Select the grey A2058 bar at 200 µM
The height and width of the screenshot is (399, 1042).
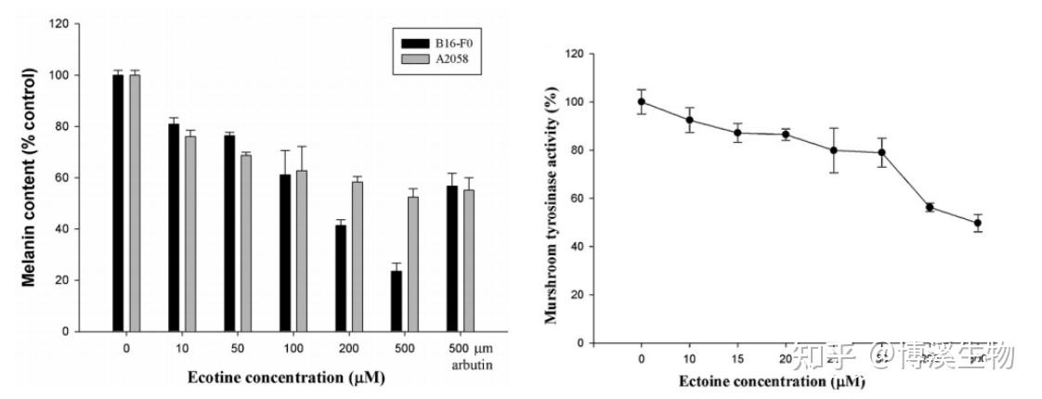pyautogui.click(x=358, y=255)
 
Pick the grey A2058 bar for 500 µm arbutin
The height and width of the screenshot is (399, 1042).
pyautogui.click(x=468, y=260)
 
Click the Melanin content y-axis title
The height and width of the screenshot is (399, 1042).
pyautogui.click(x=29, y=175)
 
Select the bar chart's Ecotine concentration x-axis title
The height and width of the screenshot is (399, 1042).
pyautogui.click(x=286, y=378)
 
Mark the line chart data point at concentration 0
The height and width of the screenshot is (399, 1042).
pyautogui.click(x=641, y=102)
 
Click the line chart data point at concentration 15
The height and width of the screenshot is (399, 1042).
pyautogui.click(x=737, y=133)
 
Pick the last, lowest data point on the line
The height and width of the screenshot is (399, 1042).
pyautogui.click(x=978, y=223)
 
